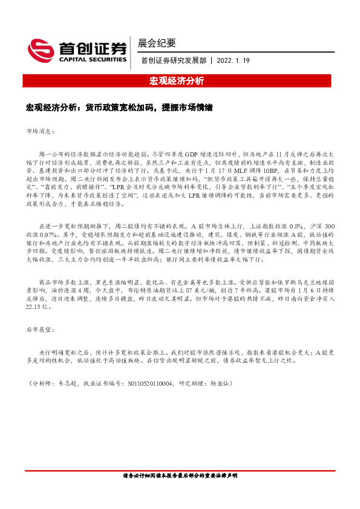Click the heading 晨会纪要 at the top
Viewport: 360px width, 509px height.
157,43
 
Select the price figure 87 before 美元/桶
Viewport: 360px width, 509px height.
192,289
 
